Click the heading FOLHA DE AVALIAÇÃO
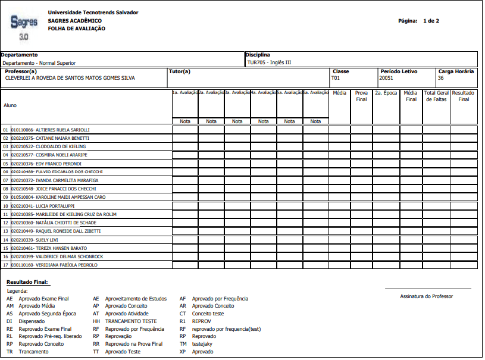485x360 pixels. point(76,29)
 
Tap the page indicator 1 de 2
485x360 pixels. point(430,21)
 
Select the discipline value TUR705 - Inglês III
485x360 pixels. point(268,62)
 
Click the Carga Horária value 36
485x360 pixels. point(440,77)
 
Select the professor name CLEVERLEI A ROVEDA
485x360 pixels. point(70,77)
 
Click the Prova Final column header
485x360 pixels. point(361,96)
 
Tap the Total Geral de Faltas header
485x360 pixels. point(436,96)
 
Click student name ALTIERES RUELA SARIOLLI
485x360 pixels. point(62,130)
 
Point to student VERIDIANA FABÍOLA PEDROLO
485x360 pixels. point(66,265)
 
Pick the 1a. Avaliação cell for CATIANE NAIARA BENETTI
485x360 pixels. point(184,138)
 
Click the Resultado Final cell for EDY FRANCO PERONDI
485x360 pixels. point(463,164)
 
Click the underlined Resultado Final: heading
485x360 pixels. point(27,281)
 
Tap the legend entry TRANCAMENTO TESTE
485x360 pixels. point(130,321)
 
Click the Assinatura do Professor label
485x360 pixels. point(427,296)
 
